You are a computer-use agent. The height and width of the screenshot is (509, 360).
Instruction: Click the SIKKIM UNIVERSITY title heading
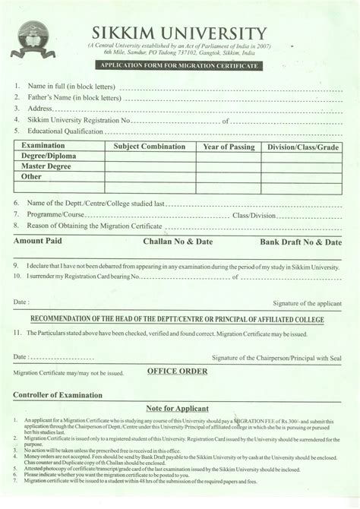(179, 33)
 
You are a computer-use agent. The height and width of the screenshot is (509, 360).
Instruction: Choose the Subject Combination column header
(150, 147)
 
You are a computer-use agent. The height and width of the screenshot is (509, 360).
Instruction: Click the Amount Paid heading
(37, 241)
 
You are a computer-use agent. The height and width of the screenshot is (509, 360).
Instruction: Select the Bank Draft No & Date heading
(301, 242)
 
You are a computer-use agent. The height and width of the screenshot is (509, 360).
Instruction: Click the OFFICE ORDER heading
(176, 371)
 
